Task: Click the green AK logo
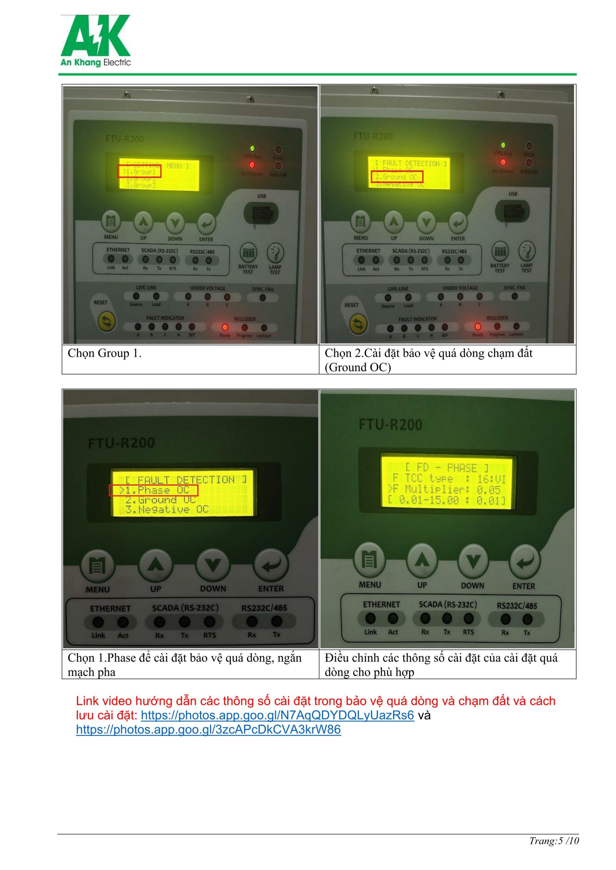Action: pyautogui.click(x=95, y=36)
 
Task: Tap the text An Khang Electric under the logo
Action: pyautogui.click(x=96, y=62)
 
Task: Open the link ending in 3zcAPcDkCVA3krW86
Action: pyautogui.click(x=208, y=729)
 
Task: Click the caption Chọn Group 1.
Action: pyautogui.click(x=105, y=353)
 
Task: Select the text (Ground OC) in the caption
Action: pyautogui.click(x=358, y=368)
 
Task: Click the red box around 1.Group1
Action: pyautogui.click(x=139, y=171)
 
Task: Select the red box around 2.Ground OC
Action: pyautogui.click(x=396, y=177)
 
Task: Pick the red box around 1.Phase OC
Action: pyautogui.click(x=153, y=490)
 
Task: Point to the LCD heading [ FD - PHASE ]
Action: pyautogui.click(x=447, y=468)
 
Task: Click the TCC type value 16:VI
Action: pyautogui.click(x=491, y=478)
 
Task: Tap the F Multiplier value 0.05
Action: pyautogui.click(x=489, y=489)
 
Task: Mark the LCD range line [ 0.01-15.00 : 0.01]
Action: pyautogui.click(x=447, y=501)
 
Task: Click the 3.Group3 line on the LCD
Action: pyautogui.click(x=141, y=185)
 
